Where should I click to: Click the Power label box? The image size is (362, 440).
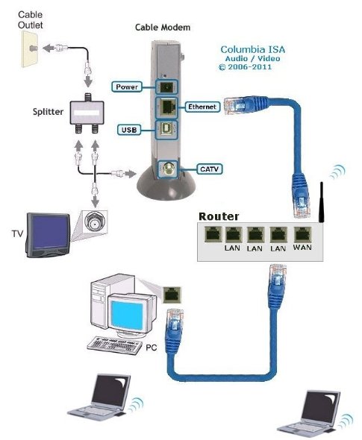(126, 87)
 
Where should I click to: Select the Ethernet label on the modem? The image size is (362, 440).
(202, 107)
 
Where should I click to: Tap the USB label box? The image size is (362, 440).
(128, 130)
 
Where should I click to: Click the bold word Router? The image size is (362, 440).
(218, 216)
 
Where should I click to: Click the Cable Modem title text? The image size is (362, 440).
(162, 27)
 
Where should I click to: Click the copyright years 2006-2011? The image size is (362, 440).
(251, 67)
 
